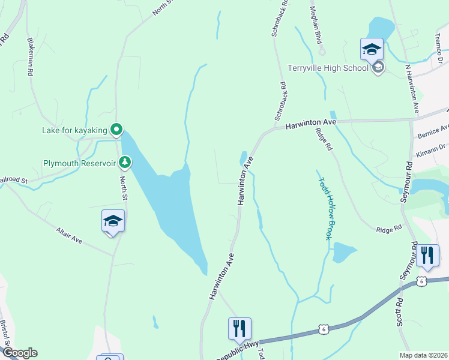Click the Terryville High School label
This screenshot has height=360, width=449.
[x=328, y=68]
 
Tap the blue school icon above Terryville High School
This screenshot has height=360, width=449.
[x=372, y=49]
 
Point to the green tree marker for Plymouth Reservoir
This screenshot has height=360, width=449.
[x=125, y=162]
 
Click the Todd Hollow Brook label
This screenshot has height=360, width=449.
[x=325, y=208]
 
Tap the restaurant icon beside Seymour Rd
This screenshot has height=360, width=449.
[x=427, y=255]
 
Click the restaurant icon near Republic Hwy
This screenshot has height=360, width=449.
[x=240, y=328]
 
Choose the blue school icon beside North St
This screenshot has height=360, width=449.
[x=113, y=221]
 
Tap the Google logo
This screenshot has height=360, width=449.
[x=19, y=353]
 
